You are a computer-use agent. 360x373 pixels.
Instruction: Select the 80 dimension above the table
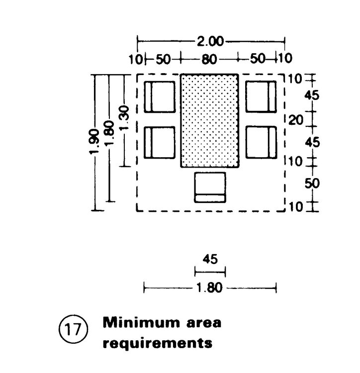209,59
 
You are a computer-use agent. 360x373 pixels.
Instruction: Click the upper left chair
160,96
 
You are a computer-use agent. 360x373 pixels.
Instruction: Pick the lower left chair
160,142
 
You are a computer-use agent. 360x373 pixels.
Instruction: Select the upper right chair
260,96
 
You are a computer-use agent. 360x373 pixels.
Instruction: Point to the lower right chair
260,142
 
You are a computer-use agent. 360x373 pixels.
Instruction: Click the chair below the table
210,187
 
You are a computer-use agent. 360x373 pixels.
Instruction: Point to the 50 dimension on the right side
312,183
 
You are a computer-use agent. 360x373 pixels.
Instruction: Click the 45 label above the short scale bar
209,259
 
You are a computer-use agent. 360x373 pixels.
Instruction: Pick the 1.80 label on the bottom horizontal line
209,287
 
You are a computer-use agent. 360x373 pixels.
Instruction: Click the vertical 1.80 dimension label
111,131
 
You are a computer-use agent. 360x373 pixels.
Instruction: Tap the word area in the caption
202,323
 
